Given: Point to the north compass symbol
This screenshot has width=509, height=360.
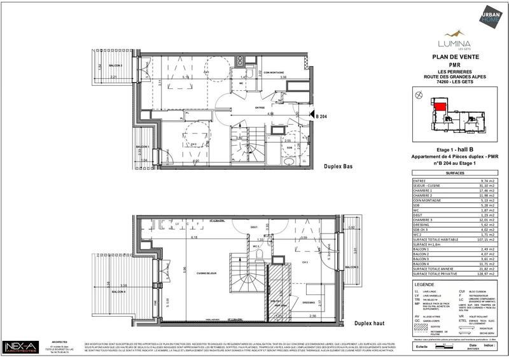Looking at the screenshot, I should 417,95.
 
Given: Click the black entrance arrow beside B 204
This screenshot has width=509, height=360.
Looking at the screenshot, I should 310,116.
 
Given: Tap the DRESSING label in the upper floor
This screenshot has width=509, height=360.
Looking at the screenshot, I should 310,302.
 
